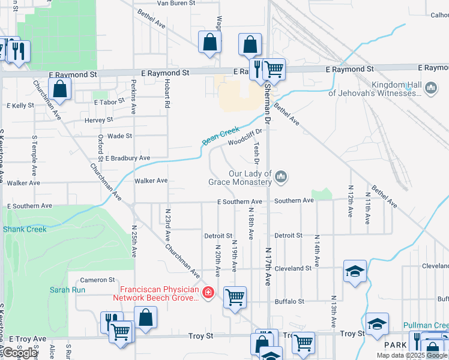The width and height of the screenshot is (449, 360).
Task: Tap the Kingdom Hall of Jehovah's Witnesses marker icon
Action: click(x=430, y=89)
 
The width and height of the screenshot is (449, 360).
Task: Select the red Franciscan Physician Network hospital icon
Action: click(x=208, y=293)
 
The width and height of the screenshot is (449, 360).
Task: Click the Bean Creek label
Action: click(x=220, y=136)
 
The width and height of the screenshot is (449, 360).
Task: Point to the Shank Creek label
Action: click(x=25, y=229)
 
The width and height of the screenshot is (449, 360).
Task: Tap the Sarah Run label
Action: click(x=67, y=290)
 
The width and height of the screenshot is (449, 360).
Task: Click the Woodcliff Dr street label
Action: click(x=245, y=138)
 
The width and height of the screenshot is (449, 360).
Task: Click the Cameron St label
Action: click(x=97, y=280)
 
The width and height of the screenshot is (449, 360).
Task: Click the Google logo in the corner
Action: click(x=20, y=353)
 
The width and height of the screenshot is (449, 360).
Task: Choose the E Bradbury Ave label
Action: click(x=128, y=158)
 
